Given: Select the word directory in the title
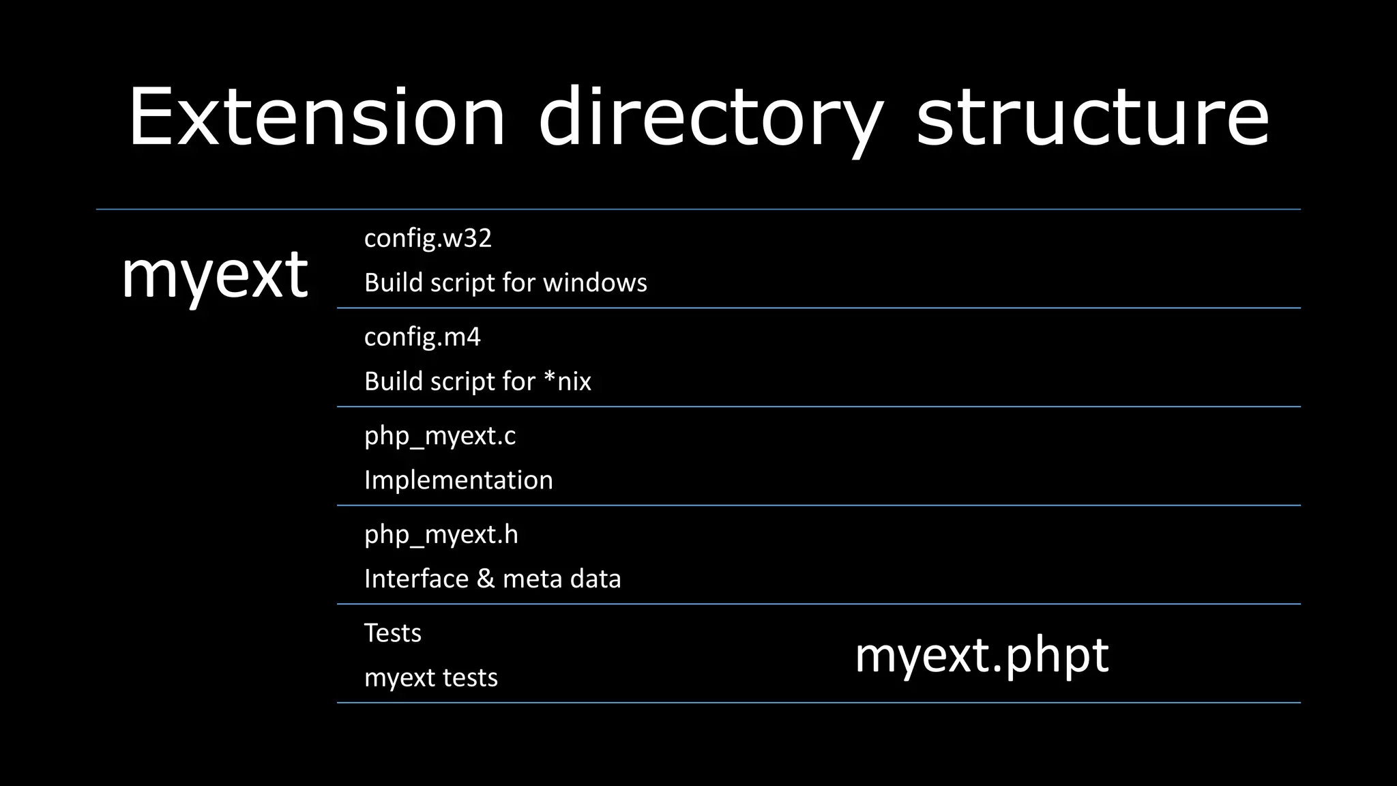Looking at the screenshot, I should (709, 117).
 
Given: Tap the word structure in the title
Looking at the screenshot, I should (1091, 117).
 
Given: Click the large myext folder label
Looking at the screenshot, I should (214, 274).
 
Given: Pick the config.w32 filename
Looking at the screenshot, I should (428, 238).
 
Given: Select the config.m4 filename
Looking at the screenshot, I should (422, 337).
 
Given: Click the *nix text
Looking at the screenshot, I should (568, 381).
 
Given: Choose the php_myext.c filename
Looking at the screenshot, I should (440, 436).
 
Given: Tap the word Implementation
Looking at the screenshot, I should (458, 480).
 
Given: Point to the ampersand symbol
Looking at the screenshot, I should (485, 579).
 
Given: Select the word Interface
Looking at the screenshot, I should (416, 579).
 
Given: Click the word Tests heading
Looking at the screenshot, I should (393, 633).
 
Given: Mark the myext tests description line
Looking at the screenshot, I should (431, 678).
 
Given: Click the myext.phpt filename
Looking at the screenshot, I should (982, 655).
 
